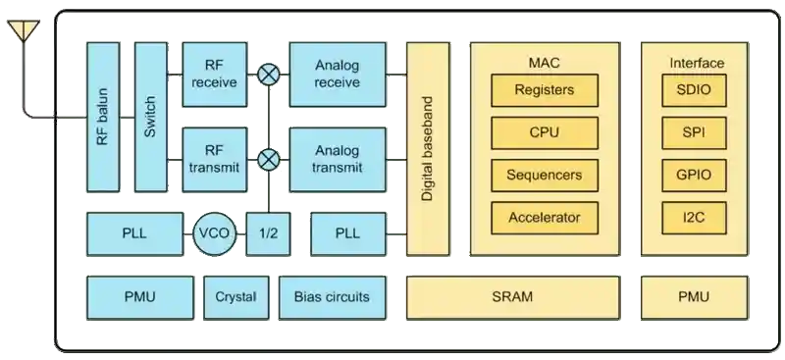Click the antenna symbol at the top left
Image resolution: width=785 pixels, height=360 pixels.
[22, 32]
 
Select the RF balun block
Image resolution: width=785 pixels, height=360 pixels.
[103, 117]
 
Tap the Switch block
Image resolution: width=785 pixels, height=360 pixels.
[150, 117]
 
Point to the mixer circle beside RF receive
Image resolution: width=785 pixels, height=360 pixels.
[267, 74]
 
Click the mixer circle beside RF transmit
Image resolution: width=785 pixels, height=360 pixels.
[267, 159]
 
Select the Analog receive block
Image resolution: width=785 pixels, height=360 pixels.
[338, 75]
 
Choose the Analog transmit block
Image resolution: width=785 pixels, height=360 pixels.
[338, 160]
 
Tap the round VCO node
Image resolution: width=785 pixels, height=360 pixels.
[215, 233]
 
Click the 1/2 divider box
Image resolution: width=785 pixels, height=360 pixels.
[267, 233]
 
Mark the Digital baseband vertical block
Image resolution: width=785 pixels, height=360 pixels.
[427, 148]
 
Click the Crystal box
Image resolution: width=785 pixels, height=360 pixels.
[235, 296]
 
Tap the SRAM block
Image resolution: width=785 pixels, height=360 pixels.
[511, 296]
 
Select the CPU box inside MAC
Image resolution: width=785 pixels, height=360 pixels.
[544, 132]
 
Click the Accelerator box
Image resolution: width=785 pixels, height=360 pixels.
[544, 218]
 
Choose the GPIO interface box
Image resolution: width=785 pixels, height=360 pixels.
[694, 175]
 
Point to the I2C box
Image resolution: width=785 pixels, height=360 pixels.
[694, 218]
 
